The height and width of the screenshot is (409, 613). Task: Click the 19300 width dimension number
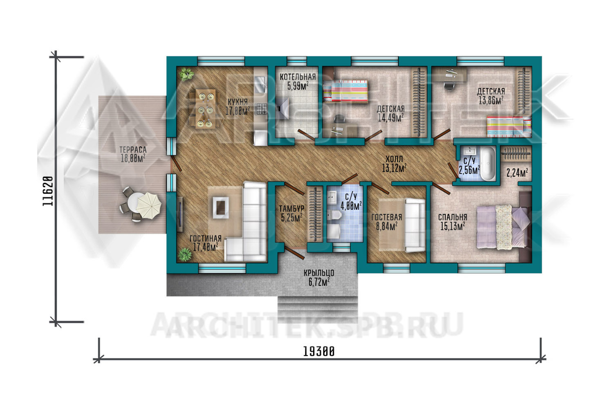[319, 351]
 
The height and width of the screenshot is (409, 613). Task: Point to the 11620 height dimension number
[48, 191]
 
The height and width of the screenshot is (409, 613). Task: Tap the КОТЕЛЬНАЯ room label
[298, 77]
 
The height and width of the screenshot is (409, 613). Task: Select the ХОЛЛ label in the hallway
[394, 159]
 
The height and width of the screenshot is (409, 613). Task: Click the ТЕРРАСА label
[133, 150]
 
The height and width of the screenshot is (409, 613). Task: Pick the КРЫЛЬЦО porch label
[319, 273]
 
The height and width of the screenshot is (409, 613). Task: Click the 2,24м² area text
[517, 173]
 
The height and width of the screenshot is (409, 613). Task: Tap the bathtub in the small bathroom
[488, 164]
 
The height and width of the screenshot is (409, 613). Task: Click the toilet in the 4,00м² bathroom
[334, 215]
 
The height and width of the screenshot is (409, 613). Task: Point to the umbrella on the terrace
[149, 205]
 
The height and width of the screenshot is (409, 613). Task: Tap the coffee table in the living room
[221, 207]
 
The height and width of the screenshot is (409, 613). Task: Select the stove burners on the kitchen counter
[261, 109]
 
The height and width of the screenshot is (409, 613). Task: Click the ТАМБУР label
[292, 209]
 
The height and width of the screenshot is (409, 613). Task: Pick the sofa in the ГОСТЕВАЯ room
[415, 225]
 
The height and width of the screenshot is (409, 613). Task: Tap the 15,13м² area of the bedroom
[453, 226]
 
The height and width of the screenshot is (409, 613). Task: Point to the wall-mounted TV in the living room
[180, 214]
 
